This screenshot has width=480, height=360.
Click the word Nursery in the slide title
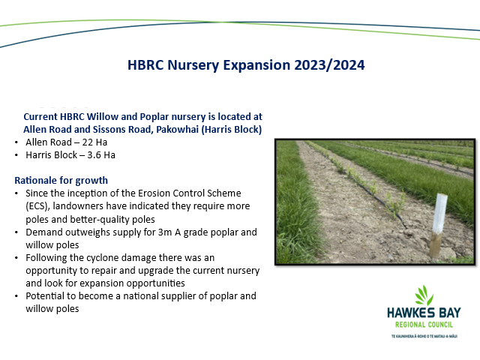(x=193, y=65)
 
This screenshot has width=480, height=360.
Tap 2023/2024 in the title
(x=329, y=65)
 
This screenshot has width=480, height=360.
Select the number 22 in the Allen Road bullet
(x=87, y=142)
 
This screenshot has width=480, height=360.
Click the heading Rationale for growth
(x=61, y=181)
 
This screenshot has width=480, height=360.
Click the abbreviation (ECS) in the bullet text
(x=37, y=206)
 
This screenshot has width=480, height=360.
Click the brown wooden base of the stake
(x=435, y=245)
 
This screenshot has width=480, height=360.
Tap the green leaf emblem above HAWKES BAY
(x=424, y=295)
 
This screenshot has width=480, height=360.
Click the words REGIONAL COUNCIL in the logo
(x=424, y=325)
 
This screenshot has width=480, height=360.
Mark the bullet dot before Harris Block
(x=16, y=155)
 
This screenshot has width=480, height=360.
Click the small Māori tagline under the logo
(x=424, y=336)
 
